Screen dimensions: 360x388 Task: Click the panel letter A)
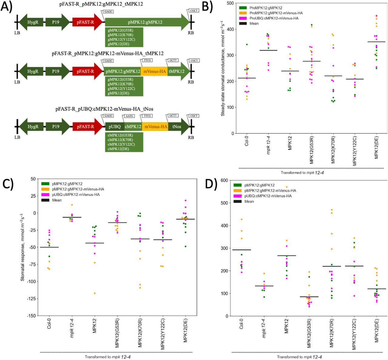coord(7,7)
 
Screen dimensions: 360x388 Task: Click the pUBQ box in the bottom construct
coord(115,127)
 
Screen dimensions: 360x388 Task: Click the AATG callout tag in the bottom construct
coord(130,116)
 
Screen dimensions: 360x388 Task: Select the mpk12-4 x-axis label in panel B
coord(268,147)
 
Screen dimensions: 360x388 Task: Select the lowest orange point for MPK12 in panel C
coord(95,293)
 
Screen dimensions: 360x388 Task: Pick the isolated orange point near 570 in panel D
coord(286,187)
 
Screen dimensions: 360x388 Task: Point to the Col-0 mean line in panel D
coord(242,250)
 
